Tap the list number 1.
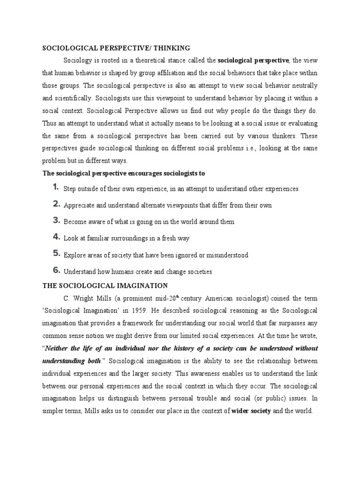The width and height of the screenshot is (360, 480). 55,187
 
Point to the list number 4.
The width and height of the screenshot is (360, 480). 55,237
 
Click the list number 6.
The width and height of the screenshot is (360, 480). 55,270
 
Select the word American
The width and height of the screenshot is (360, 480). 212,298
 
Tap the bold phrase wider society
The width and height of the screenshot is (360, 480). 251,411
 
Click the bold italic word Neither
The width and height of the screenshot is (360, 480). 61,348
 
